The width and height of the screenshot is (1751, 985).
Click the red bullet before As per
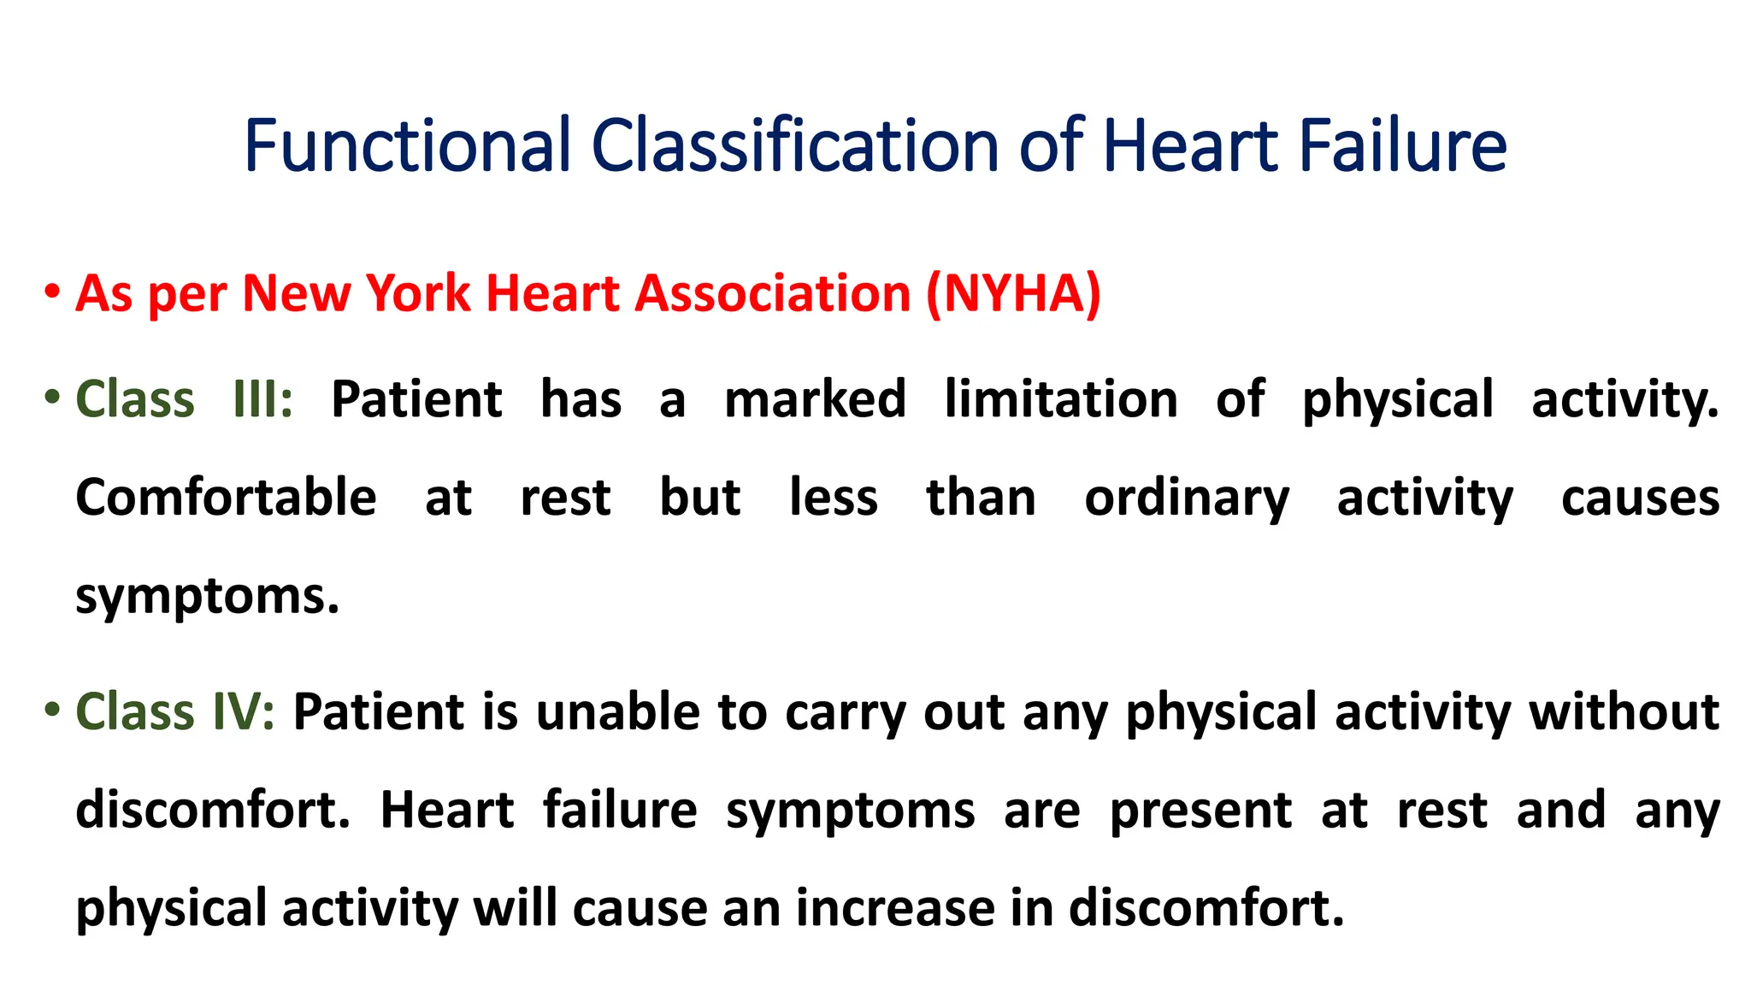click(x=53, y=292)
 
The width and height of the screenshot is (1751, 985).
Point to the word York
click(x=418, y=293)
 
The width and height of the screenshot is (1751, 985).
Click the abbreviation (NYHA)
click(x=1014, y=293)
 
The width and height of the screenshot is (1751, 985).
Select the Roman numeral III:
click(x=262, y=399)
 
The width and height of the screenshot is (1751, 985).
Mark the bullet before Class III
click(x=53, y=397)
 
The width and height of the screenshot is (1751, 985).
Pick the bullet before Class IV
click(x=53, y=709)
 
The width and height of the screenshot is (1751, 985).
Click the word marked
click(x=815, y=399)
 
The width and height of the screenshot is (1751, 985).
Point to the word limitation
click(x=1061, y=399)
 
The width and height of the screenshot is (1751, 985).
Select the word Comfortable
click(x=226, y=498)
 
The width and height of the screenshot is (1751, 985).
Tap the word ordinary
click(x=1187, y=499)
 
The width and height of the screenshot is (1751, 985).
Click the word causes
click(x=1640, y=499)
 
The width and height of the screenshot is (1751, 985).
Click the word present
click(x=1200, y=811)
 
